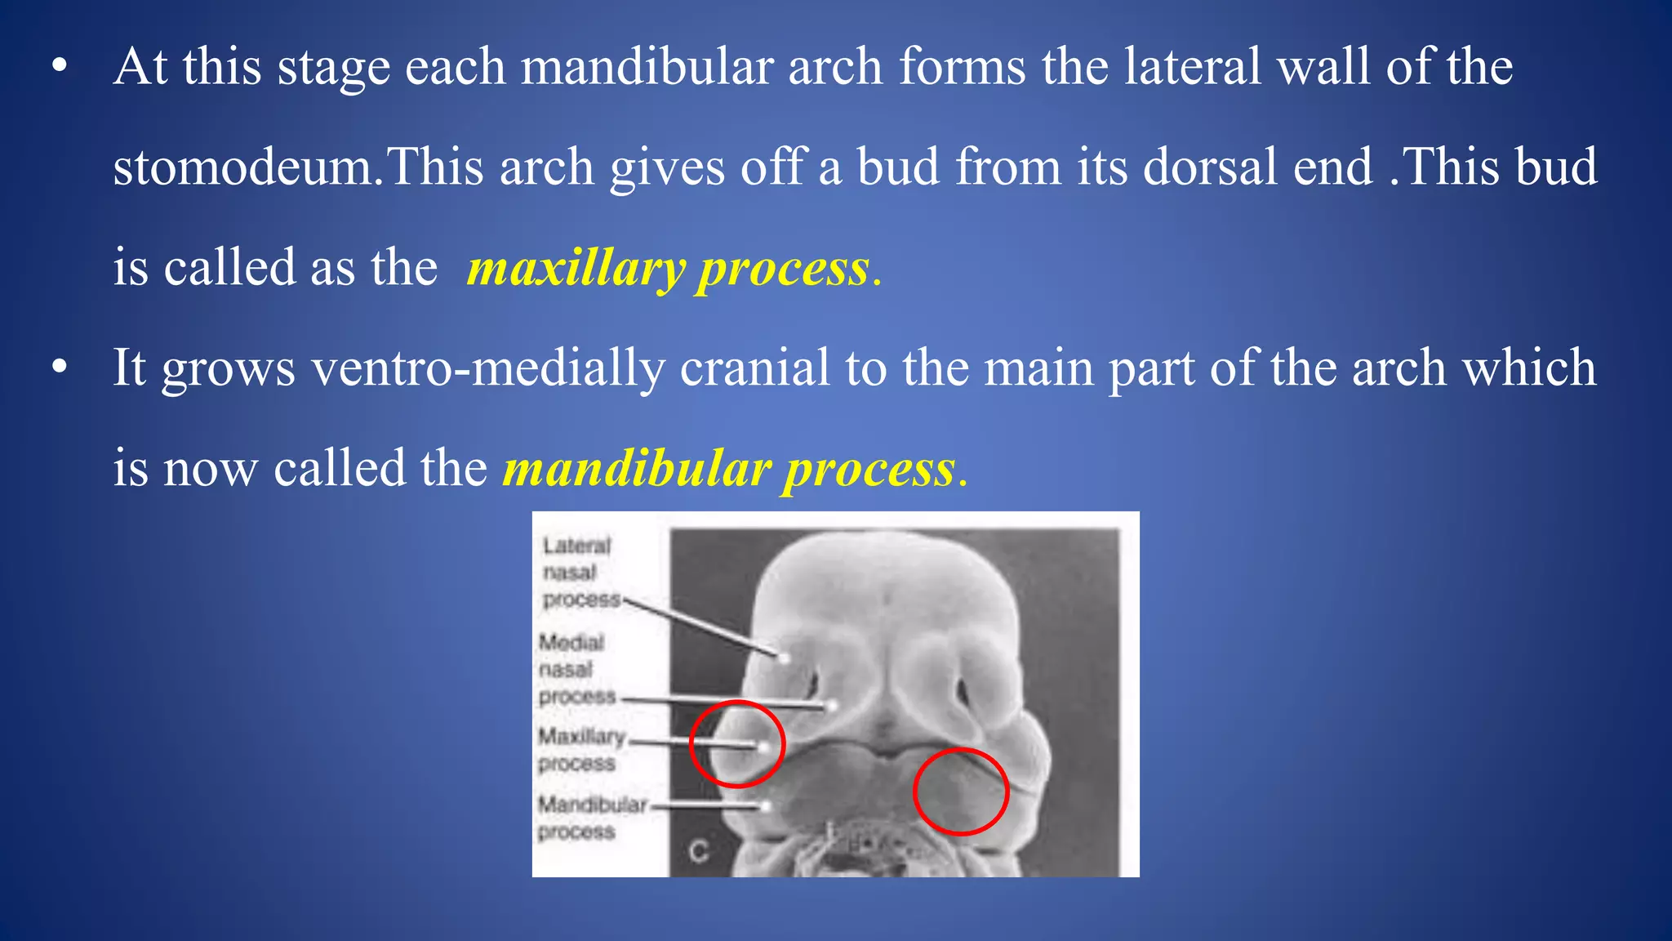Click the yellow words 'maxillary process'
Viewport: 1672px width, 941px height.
(668, 269)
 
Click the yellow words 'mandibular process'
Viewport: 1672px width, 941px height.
(729, 470)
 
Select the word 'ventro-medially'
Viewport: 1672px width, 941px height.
(488, 368)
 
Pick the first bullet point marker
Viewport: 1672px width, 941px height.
(59, 67)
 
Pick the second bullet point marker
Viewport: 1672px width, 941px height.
(59, 368)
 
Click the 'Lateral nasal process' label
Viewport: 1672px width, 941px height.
(580, 573)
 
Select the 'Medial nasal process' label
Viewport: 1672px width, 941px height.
(576, 670)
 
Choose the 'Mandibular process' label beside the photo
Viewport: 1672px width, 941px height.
(589, 818)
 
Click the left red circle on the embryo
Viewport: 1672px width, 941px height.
(737, 744)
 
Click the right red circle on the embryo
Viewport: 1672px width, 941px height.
(961, 792)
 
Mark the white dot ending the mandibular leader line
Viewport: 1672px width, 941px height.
(766, 807)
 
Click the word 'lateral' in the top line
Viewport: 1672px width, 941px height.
(1193, 67)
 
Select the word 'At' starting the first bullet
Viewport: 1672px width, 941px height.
(140, 67)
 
